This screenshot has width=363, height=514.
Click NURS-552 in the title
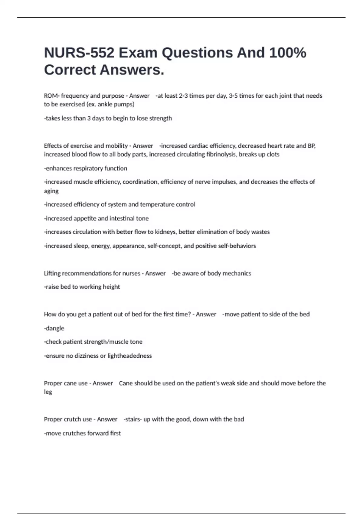pyautogui.click(x=79, y=53)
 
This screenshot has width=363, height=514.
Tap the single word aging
pyautogui.click(x=51, y=191)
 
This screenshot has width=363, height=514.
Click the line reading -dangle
pyautogui.click(x=54, y=328)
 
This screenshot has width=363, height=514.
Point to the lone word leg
pyautogui.click(x=48, y=392)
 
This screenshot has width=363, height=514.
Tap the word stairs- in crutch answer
pyautogui.click(x=132, y=419)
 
